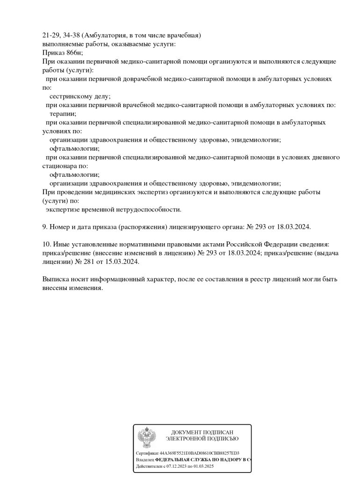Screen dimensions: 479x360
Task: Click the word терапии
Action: coord(63,113)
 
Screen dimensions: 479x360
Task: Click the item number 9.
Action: coord(44,226)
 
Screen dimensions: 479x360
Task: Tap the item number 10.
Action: coord(46,244)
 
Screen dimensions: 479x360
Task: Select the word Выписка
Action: coord(56,279)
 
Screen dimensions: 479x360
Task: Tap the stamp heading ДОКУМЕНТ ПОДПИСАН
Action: coord(202,432)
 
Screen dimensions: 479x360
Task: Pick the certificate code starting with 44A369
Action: coord(199,453)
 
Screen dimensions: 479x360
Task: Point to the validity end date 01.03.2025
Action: coord(204,466)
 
